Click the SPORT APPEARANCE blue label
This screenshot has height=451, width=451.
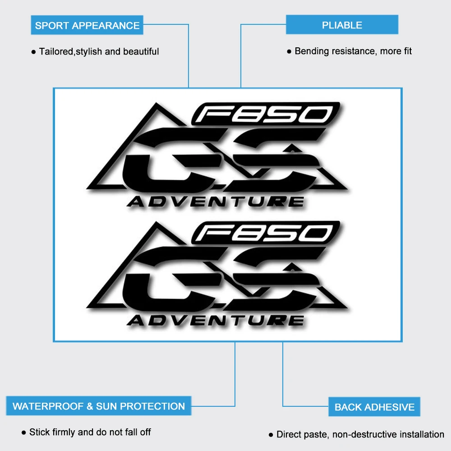tap(87, 25)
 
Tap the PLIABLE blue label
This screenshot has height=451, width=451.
tap(342, 25)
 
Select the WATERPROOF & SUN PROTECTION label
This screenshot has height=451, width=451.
tap(98, 406)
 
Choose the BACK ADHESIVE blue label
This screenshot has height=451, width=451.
tap(374, 407)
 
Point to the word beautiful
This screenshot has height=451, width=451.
tap(141, 51)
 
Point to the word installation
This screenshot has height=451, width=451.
tap(422, 434)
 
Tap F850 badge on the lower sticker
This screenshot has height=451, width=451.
tap(266, 233)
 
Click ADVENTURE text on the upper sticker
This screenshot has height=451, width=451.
tap(215, 201)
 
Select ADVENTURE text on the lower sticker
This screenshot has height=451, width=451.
tap(215, 320)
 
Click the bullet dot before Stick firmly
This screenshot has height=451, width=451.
tap(24, 433)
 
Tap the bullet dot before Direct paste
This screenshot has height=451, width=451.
tap(271, 435)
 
